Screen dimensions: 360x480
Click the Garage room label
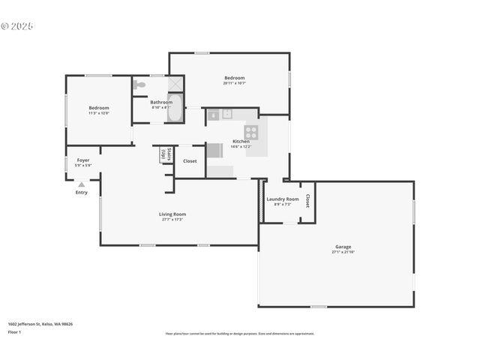click(343, 247)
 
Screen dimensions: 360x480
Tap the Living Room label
click(172, 214)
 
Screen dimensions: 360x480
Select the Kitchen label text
click(241, 141)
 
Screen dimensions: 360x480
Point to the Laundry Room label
click(283, 199)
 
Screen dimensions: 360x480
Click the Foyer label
click(83, 160)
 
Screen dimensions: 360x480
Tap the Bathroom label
click(161, 102)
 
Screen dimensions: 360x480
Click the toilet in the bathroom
click(139, 85)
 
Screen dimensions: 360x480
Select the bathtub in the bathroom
click(175, 108)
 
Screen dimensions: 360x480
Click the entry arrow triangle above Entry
click(81, 184)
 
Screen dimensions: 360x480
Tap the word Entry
click(81, 192)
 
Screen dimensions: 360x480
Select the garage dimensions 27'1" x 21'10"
click(343, 252)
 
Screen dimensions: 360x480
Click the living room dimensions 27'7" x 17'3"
click(172, 220)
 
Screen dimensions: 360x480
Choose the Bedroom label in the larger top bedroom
click(235, 78)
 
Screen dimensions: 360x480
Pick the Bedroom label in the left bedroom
click(99, 108)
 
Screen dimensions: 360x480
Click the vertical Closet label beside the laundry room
click(307, 201)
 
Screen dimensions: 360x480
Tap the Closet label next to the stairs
click(190, 160)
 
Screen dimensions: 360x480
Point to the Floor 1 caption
click(14, 331)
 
